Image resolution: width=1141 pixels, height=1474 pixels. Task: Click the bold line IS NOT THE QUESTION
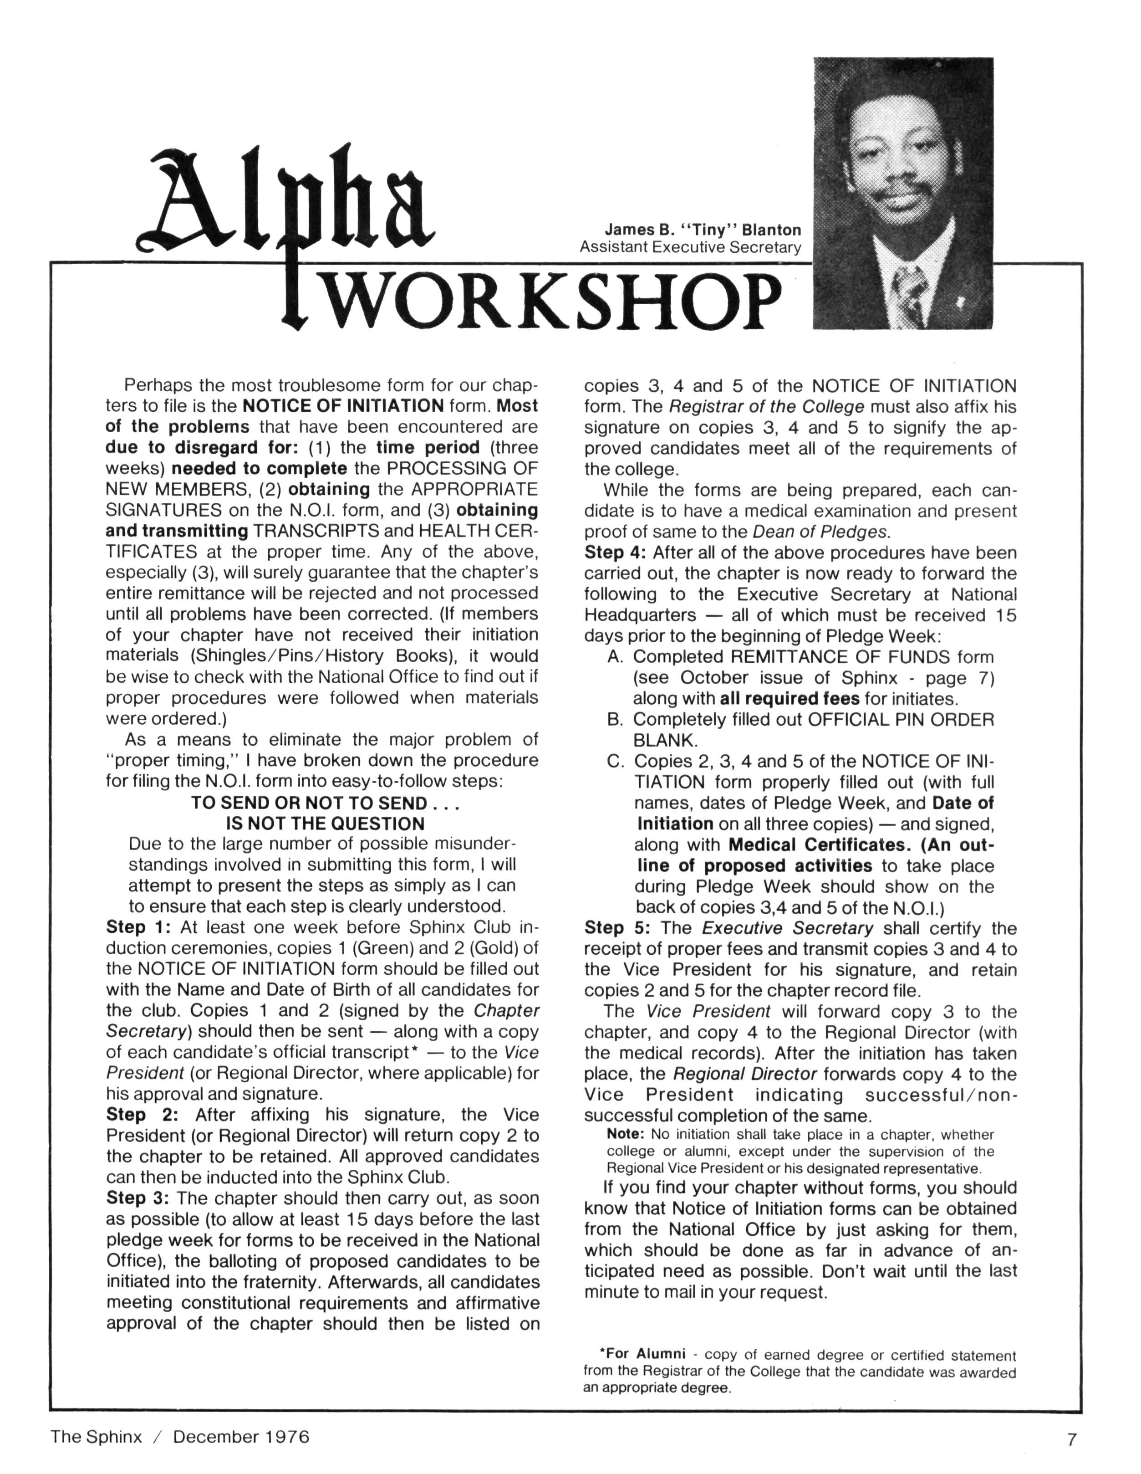click(x=325, y=824)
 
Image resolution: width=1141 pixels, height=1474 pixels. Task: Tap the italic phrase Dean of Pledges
click(x=822, y=532)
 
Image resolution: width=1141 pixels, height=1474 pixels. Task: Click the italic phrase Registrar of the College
click(x=767, y=407)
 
